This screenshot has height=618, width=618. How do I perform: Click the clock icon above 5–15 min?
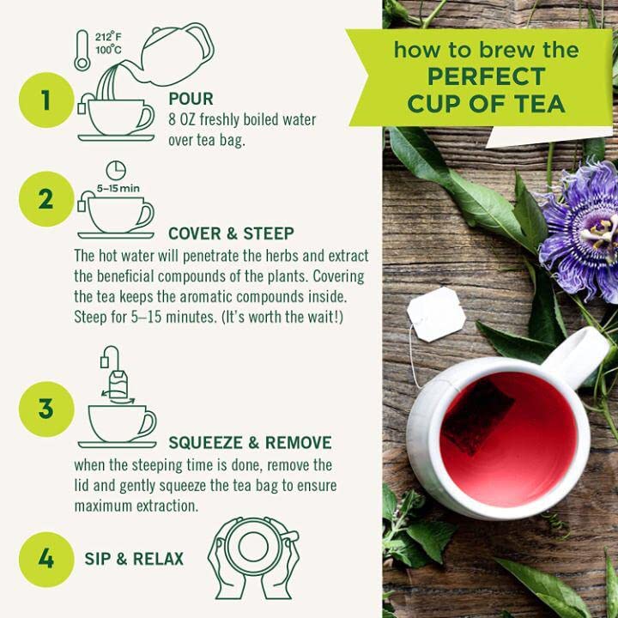coord(116,170)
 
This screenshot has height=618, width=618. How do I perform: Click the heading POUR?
coord(191,99)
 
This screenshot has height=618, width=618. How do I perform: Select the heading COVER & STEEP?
coord(231,234)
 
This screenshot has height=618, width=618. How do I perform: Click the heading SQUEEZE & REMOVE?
coord(250,443)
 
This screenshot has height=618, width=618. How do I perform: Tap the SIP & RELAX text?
coord(134,560)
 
